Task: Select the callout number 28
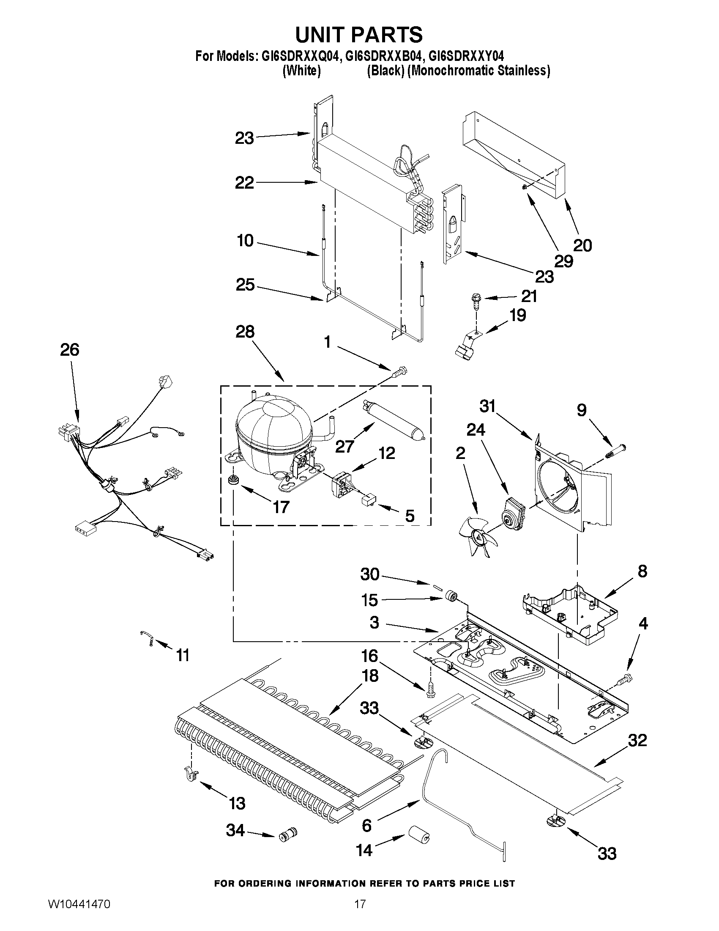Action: coord(245,332)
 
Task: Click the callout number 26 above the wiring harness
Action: coord(69,349)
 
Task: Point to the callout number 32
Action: coord(637,741)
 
